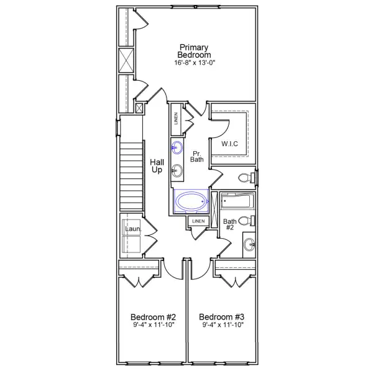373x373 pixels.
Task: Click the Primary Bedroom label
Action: click(194, 52)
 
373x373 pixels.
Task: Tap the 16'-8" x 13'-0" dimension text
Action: click(194, 63)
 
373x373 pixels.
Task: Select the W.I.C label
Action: click(229, 144)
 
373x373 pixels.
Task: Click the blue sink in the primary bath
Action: click(178, 147)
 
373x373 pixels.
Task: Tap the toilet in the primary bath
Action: click(247, 178)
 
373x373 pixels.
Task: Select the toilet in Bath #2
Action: click(246, 221)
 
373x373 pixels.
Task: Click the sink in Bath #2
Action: click(249, 244)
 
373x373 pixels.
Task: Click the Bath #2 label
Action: click(230, 224)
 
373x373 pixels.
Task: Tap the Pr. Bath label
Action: click(197, 157)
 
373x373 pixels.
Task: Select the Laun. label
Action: click(133, 229)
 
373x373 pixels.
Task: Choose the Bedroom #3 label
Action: click(222, 315)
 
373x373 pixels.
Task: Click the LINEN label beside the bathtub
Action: click(198, 221)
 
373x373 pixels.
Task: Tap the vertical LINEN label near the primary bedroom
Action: click(177, 118)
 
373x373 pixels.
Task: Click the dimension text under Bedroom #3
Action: click(222, 325)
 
